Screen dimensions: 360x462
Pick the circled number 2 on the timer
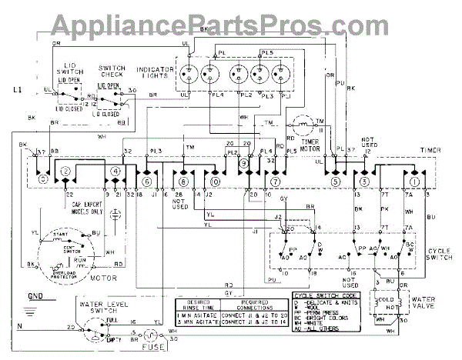66,170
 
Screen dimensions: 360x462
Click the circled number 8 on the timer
183,182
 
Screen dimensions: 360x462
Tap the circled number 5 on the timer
335,182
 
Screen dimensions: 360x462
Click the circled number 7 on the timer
274,182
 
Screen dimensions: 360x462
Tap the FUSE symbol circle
151,336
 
